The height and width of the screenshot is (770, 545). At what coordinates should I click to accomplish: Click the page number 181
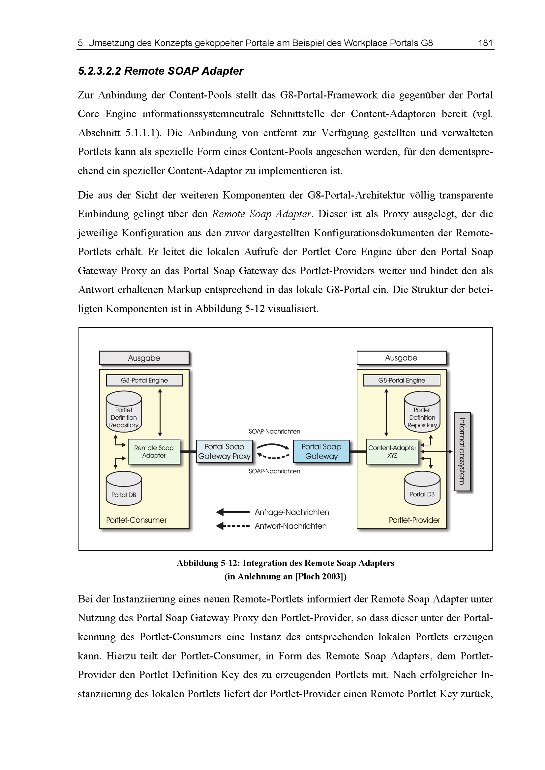coord(485,43)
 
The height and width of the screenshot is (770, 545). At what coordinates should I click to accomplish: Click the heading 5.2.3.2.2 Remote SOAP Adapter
coord(161,71)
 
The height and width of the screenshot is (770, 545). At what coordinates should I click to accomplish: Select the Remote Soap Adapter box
coord(154,451)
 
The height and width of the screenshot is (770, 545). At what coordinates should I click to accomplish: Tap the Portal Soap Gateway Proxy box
coord(224,451)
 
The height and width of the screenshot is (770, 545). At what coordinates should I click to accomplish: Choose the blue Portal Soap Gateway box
coord(321,451)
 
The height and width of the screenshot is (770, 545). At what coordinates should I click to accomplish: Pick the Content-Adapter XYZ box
coord(392,451)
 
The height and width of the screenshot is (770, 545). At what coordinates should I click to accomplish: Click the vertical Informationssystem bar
coord(462,451)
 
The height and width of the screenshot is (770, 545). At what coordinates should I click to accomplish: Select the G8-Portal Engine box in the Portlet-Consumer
coord(144,380)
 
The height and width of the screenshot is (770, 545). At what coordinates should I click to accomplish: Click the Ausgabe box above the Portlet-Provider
coord(401,358)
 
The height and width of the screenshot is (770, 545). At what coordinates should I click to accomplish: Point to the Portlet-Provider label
coord(414,520)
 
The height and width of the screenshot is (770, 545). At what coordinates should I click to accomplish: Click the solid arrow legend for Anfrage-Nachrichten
coord(233,512)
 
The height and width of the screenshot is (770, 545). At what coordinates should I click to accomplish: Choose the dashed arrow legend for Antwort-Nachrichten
coord(233,526)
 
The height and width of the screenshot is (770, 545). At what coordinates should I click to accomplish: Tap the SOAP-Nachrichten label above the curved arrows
coord(274,432)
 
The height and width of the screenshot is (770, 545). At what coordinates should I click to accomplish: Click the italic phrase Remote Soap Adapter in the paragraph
coord(261,214)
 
